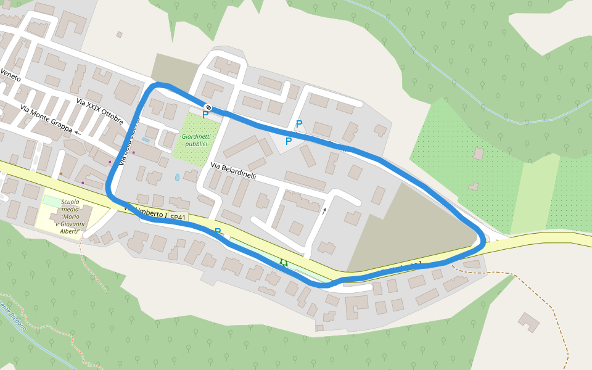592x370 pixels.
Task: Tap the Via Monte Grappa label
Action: tap(46, 118)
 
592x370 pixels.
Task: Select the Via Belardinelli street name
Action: tap(233, 171)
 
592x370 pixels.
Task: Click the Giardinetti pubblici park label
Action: tap(196, 140)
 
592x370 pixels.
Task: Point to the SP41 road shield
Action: tap(178, 218)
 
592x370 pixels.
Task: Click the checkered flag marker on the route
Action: tap(208, 107)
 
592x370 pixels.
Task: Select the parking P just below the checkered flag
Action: tap(205, 115)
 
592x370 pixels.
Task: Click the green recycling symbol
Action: tap(283, 263)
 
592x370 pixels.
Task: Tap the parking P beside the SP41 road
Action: tap(218, 232)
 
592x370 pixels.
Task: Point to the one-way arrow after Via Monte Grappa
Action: tap(78, 132)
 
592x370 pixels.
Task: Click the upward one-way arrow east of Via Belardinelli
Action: tap(324, 211)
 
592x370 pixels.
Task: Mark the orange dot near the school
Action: tap(61, 174)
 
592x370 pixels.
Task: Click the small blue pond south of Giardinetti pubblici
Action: tap(178, 177)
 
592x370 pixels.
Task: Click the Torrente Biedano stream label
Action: tap(12, 317)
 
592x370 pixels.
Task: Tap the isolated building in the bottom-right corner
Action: tap(528, 322)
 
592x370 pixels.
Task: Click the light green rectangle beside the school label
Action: tap(52, 200)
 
